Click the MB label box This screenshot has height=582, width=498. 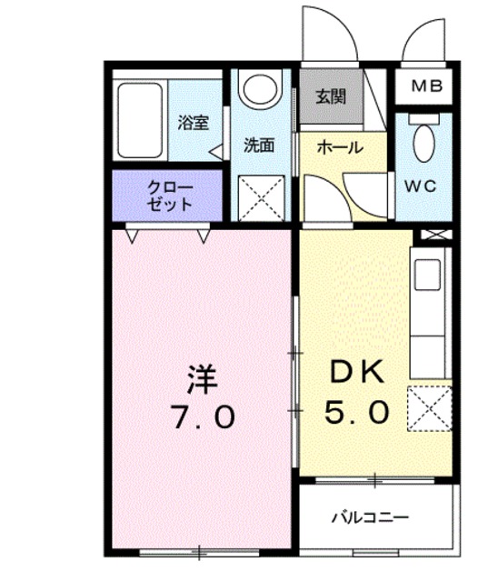pos(425,87)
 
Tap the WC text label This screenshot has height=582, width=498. pos(423,186)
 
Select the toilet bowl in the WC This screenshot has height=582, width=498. pos(423,142)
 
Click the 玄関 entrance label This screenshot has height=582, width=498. pos(331,96)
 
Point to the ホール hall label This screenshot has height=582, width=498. pos(339,147)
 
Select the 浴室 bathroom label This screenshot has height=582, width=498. pos(193,123)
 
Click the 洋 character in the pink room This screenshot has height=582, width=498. pos(202,377)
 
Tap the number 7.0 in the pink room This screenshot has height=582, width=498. pos(202,417)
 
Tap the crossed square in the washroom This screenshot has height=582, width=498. pos(259,197)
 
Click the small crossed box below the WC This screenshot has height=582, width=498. pos(432,236)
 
